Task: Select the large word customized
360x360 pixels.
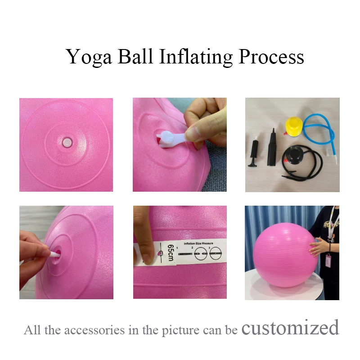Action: click(290, 328)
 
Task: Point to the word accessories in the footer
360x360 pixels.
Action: click(102, 330)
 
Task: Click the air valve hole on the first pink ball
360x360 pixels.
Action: click(66, 142)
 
